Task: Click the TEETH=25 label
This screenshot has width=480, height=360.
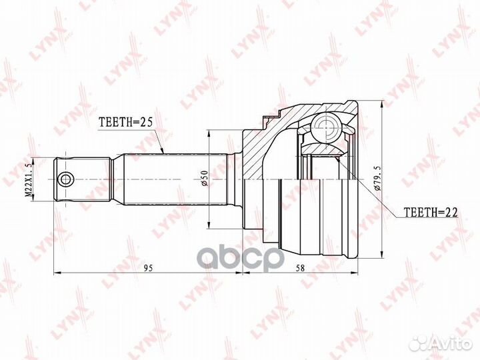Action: pos(125,122)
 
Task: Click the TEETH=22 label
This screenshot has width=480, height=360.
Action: pos(431,212)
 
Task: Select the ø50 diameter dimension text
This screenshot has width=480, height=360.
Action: pos(205,178)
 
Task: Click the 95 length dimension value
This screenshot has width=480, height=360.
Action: pos(148,268)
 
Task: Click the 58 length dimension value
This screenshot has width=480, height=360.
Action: pos(301,268)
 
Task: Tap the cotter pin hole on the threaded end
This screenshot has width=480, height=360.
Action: pos(66,179)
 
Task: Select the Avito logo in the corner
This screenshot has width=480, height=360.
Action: pos(441,343)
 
